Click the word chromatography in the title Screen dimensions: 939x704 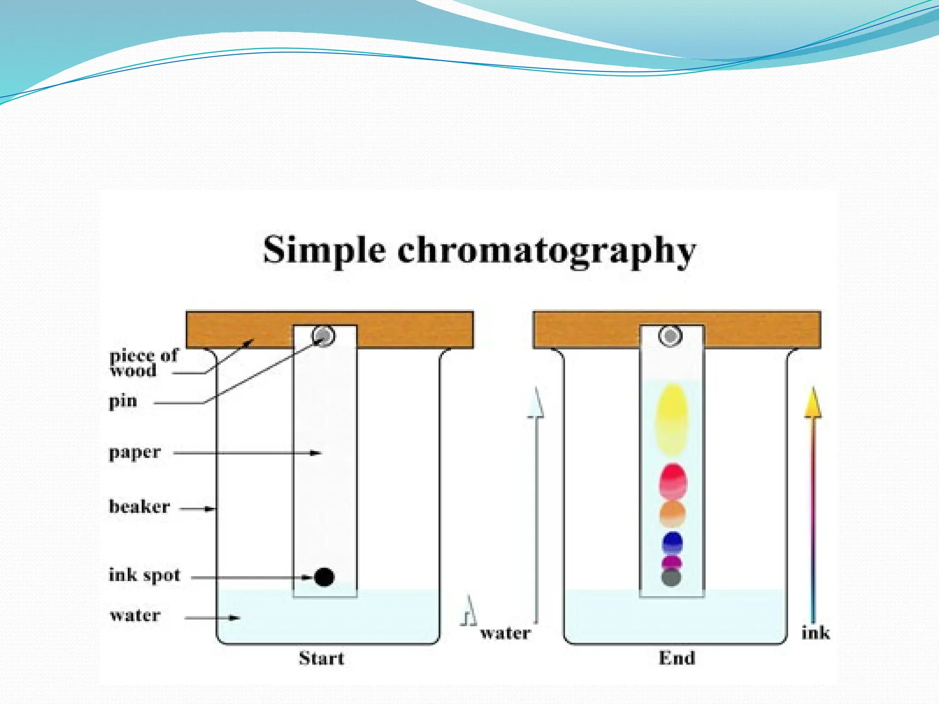tap(546, 251)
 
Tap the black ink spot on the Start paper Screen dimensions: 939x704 tap(324, 577)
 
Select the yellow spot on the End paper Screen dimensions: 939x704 tap(672, 419)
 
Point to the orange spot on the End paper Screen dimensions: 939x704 tap(673, 513)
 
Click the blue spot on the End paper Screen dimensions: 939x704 tap(673, 543)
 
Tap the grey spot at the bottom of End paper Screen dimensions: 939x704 tap(671, 577)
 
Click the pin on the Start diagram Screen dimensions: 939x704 tap(324, 336)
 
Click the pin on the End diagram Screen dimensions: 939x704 tap(670, 336)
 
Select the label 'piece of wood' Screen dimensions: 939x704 tap(143, 363)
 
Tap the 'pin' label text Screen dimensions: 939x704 tap(123, 401)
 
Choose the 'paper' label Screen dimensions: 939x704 tap(135, 452)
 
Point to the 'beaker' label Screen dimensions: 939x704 tap(139, 506)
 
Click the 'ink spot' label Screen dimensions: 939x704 tap(144, 575)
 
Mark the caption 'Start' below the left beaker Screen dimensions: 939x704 tap(321, 658)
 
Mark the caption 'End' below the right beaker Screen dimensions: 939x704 tap(677, 658)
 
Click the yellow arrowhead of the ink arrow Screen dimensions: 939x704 tap(813, 403)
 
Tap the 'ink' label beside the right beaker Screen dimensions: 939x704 tap(816, 633)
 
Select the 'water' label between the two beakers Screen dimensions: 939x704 tap(506, 633)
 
